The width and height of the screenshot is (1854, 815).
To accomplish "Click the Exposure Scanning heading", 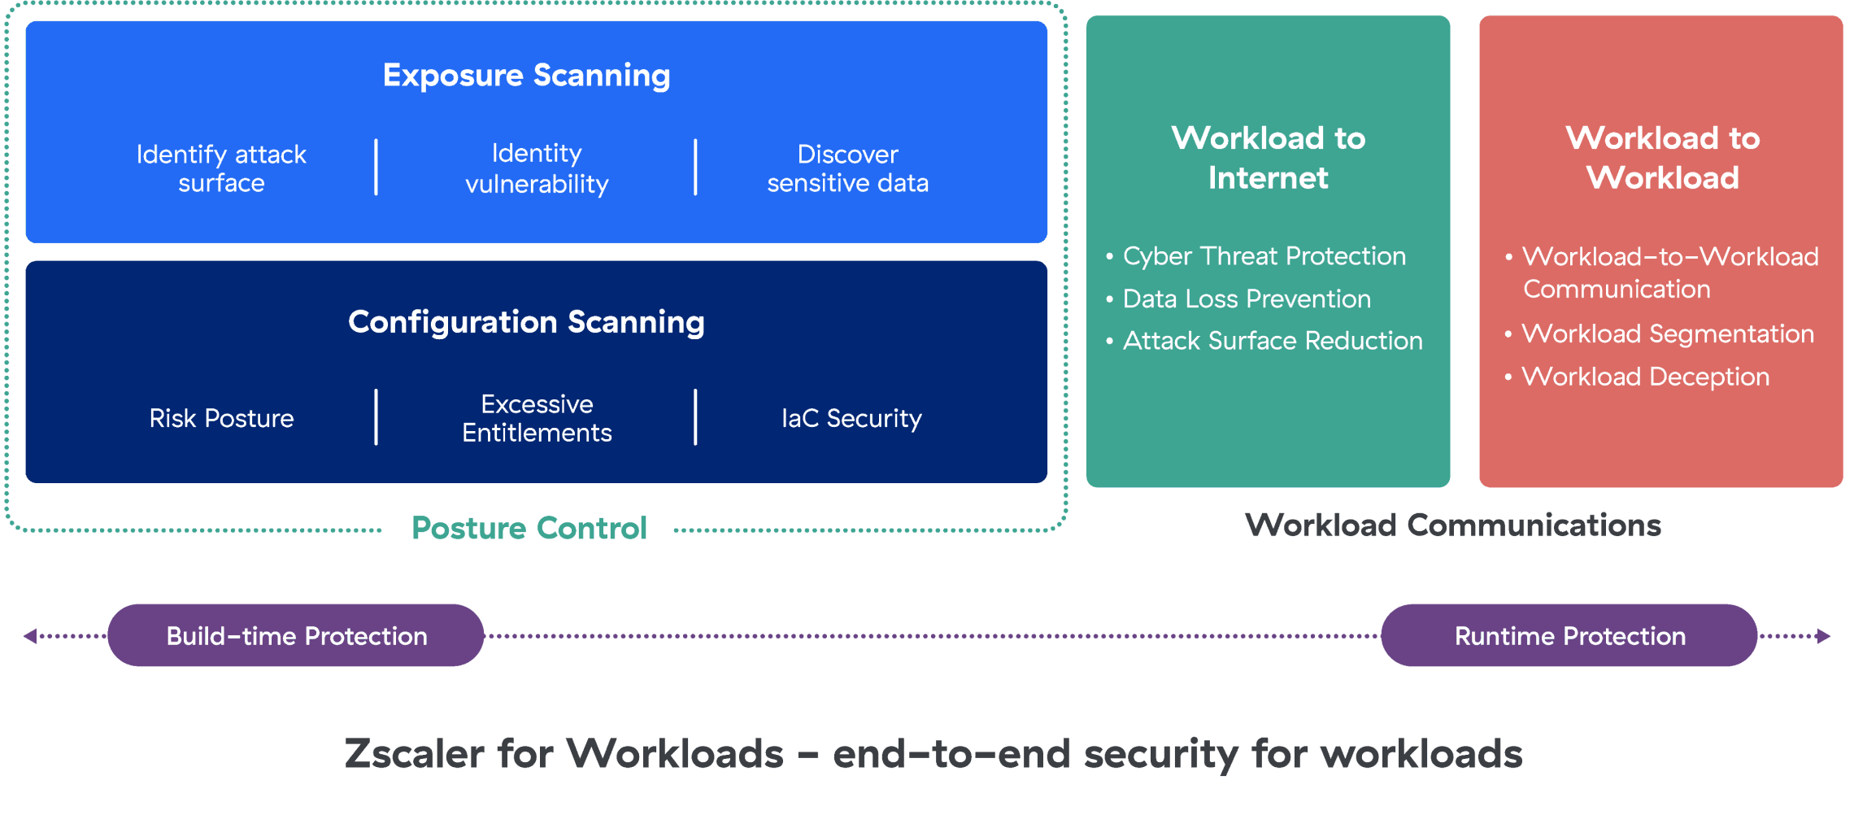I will tap(526, 76).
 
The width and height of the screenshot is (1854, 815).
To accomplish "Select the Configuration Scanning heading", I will tap(526, 322).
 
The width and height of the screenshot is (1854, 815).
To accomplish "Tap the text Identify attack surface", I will tap(221, 168).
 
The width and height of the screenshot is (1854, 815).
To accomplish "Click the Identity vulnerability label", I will tap(537, 168).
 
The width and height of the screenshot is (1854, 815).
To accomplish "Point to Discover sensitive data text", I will tap(847, 168).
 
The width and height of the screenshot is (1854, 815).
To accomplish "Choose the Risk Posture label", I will tap(221, 418).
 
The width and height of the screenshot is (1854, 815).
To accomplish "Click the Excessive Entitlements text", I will tap(537, 418).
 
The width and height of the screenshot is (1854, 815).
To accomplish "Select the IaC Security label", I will tap(851, 418).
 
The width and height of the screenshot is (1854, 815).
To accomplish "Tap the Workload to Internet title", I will tap(1268, 158).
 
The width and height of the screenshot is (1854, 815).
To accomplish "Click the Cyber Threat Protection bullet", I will tap(1264, 256).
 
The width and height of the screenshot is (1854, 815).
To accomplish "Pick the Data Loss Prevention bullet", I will tap(1246, 299).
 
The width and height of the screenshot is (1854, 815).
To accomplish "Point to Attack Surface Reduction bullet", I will tap(1272, 341).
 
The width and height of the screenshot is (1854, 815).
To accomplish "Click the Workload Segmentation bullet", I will tap(1667, 334).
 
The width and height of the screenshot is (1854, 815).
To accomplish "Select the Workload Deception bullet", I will tap(1645, 377).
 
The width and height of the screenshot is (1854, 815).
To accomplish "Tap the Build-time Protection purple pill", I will tap(296, 635).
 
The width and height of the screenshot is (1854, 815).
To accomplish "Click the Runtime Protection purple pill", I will tap(1569, 635).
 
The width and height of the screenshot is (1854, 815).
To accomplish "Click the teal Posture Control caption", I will tap(529, 529).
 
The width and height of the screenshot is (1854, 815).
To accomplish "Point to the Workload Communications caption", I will tap(1452, 525).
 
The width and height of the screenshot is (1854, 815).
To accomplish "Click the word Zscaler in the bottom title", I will tap(415, 753).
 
